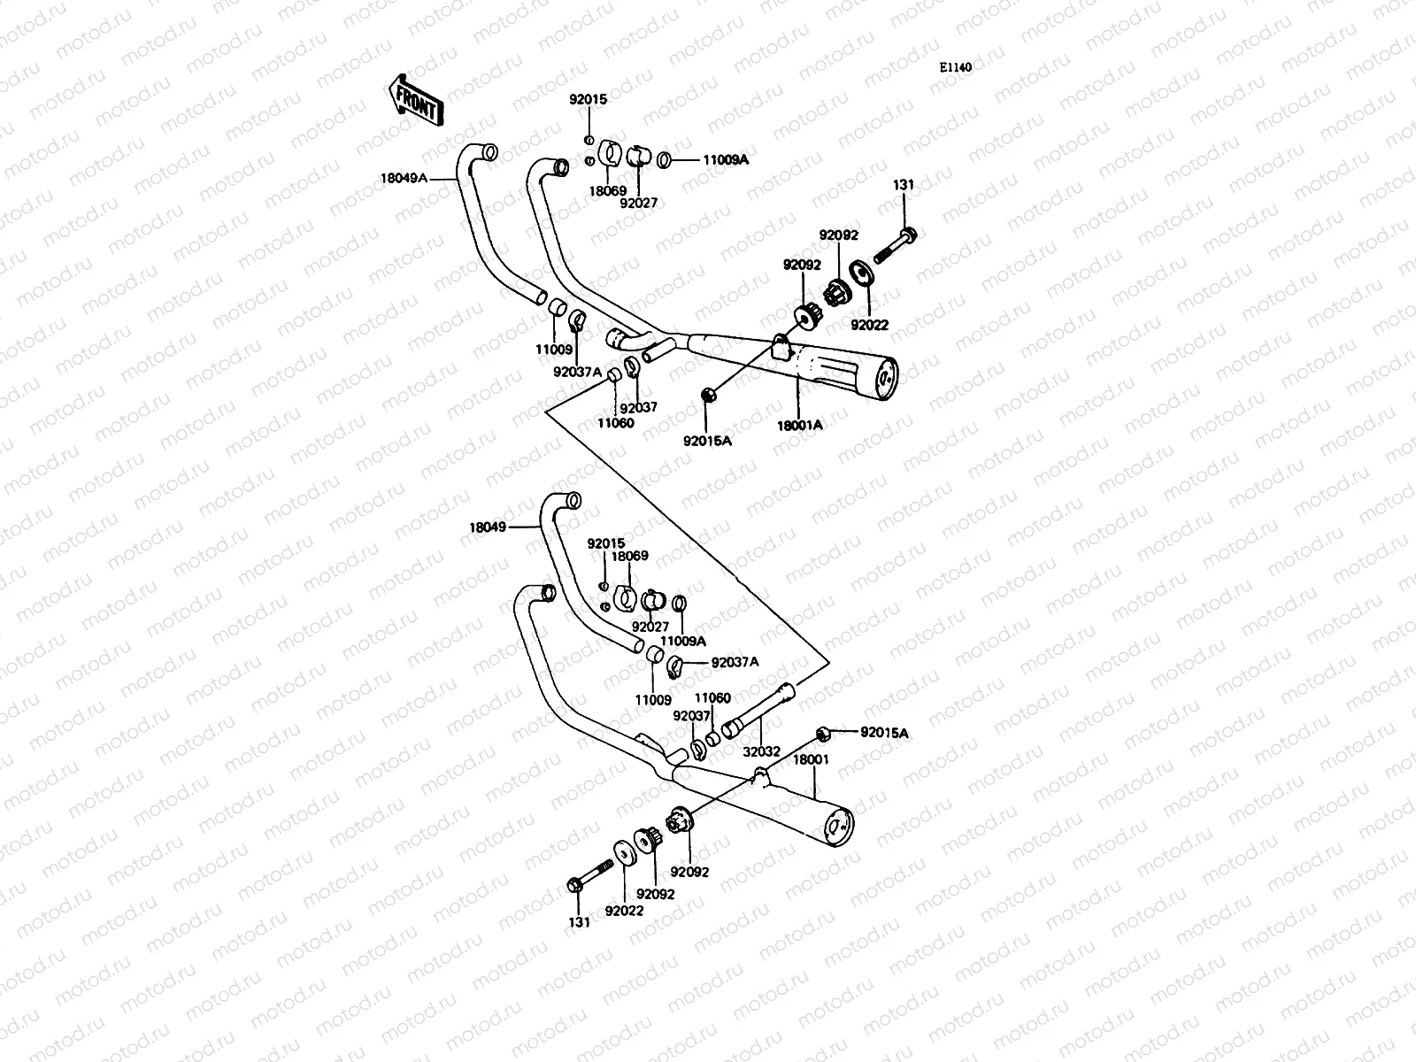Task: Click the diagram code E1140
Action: (956, 66)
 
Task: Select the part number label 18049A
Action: (404, 178)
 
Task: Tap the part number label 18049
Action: (488, 527)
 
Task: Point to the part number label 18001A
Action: (801, 425)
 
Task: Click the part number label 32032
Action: (761, 751)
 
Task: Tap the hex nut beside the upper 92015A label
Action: (709, 394)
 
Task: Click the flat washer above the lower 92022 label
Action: (623, 854)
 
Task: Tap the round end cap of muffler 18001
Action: (840, 823)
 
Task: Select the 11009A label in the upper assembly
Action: (726, 160)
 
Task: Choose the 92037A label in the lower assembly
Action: (735, 661)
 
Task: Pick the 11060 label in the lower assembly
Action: (712, 698)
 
